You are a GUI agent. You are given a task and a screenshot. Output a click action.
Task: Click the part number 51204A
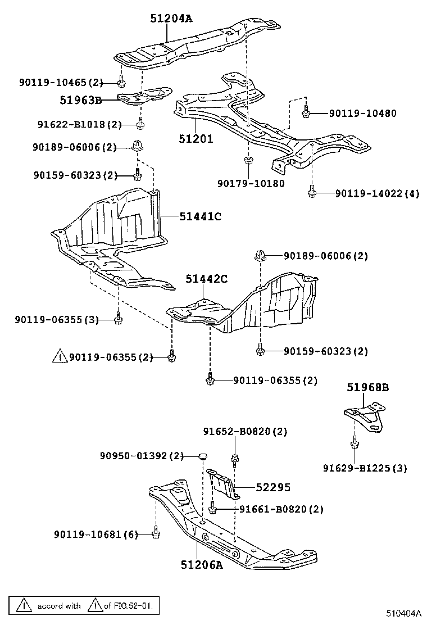171,19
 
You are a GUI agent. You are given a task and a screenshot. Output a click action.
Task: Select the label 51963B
81,101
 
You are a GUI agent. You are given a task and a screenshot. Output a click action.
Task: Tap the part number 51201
196,138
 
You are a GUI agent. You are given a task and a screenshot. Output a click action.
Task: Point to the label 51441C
201,216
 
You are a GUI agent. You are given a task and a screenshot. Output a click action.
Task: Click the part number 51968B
367,387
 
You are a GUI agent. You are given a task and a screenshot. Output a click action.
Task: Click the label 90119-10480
362,114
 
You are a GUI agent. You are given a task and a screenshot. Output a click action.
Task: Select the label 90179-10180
251,183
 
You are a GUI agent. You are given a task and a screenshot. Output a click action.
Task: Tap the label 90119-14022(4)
377,194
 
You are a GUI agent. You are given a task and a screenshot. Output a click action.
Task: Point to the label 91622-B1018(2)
79,124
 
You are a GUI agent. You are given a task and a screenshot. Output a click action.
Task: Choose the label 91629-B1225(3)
365,468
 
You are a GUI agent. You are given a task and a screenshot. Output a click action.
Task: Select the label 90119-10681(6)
96,534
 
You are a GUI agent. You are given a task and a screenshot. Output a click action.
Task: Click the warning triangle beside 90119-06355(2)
60,356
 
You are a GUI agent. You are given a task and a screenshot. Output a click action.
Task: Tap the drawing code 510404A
403,613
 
